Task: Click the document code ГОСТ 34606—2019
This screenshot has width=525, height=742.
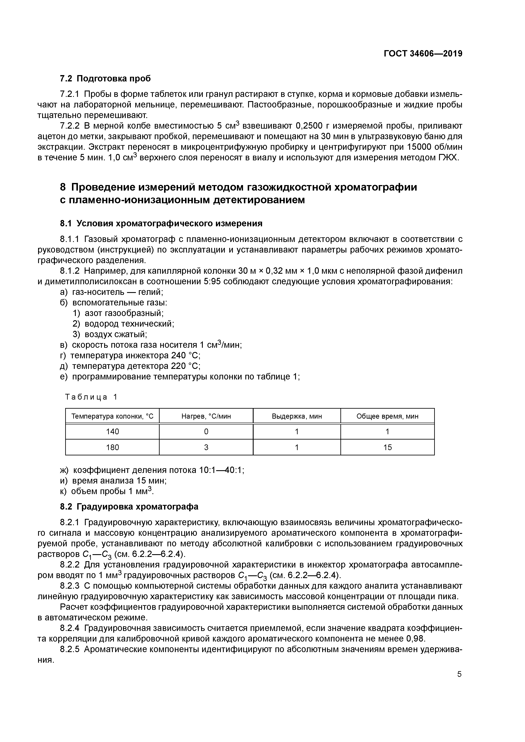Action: pos(423,54)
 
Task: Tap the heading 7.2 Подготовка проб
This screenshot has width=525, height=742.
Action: pos(105,78)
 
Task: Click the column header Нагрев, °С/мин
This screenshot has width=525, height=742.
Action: pos(206,416)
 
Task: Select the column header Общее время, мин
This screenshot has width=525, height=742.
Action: pos(387,416)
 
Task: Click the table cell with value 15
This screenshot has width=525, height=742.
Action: pos(387,448)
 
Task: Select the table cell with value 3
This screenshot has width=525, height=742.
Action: pos(206,448)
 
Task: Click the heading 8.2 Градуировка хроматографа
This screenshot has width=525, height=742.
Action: pos(129,507)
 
